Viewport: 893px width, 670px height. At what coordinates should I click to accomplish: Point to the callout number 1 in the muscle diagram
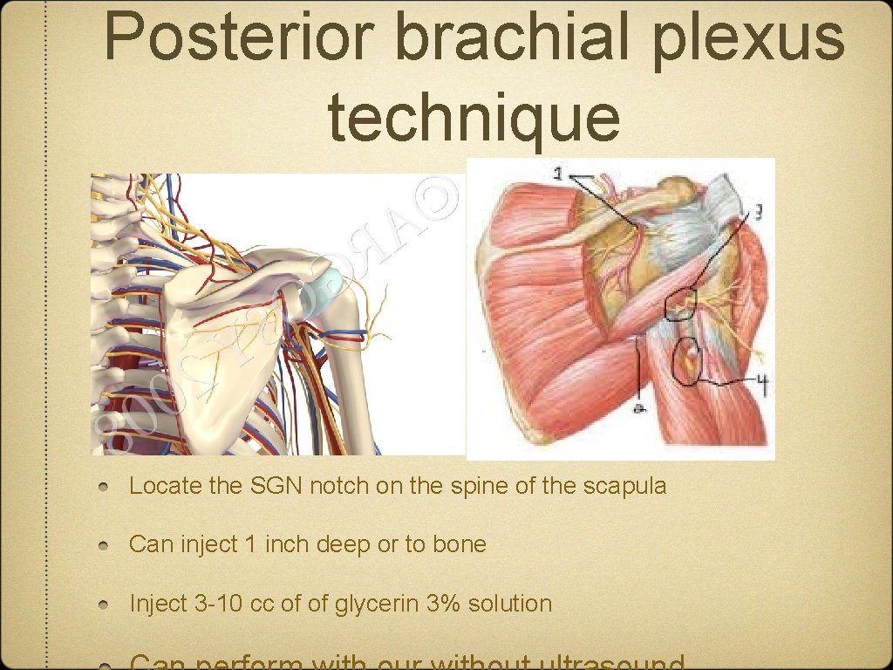[557, 174]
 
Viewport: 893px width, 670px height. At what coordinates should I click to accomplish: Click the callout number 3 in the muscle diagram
[760, 212]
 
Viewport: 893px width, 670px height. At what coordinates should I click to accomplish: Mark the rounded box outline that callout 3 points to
[680, 305]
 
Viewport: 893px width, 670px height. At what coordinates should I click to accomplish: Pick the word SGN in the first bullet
[305, 486]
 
